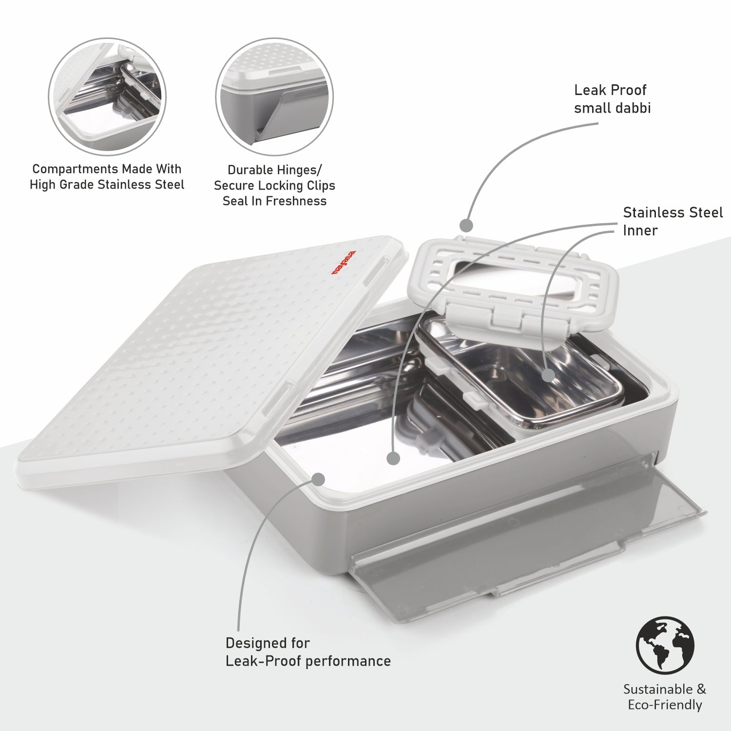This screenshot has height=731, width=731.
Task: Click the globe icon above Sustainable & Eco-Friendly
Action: click(665, 645)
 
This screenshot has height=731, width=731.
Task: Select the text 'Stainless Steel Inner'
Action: click(672, 221)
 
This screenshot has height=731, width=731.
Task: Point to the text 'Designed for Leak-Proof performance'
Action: click(308, 652)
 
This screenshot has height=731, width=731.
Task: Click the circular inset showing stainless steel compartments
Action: click(107, 97)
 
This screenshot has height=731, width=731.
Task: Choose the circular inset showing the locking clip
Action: click(274, 97)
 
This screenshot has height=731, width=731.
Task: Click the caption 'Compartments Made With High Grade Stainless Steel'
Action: click(107, 177)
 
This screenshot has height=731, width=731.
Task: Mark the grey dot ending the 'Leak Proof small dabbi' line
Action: click(467, 226)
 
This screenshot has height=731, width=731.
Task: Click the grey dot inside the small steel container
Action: click(549, 375)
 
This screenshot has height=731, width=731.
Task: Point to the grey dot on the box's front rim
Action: click(318, 479)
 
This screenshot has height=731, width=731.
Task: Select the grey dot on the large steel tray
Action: click(393, 458)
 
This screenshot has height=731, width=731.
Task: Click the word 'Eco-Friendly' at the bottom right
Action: click(665, 705)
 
